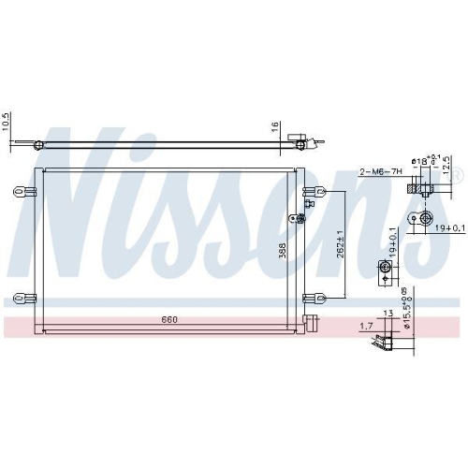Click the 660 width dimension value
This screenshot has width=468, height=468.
click(x=168, y=320)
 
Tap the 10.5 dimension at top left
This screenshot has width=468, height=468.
click(x=6, y=123)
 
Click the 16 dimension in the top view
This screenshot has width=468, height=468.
click(x=275, y=126)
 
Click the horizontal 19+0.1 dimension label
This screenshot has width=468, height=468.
click(x=447, y=227)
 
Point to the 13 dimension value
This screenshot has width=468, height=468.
click(x=388, y=314)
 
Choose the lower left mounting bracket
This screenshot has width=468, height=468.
click(x=22, y=300)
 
